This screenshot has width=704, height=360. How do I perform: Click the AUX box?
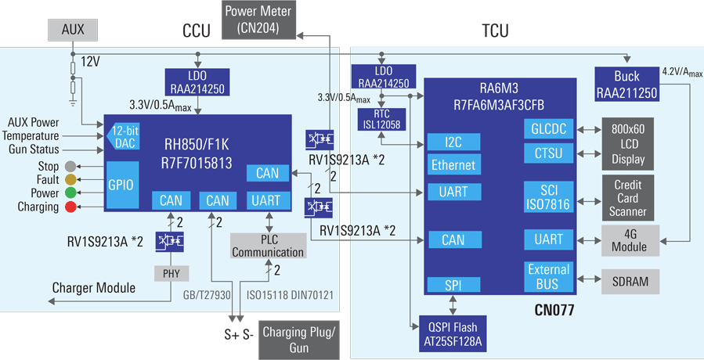point(72,31)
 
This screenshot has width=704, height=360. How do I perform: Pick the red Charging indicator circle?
point(71,207)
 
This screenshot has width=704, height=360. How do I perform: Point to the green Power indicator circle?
point(71,193)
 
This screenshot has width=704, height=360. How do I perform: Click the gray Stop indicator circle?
point(71,167)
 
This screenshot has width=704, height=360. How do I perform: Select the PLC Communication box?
point(268,247)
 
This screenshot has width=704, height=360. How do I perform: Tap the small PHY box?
point(170,273)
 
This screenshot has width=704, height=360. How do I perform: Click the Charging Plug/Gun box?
point(299,337)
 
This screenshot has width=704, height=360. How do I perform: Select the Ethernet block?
point(453,166)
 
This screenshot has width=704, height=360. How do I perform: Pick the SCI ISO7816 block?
point(548,196)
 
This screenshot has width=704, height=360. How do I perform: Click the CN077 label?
point(549,311)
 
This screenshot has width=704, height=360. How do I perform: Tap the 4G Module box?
point(630,240)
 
